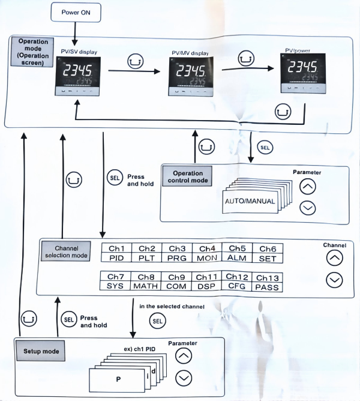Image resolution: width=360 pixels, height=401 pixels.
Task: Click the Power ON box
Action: click(x=75, y=13)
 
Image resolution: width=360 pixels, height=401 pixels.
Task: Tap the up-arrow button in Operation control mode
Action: click(x=307, y=187)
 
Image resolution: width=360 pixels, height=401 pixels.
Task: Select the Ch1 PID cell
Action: click(x=116, y=253)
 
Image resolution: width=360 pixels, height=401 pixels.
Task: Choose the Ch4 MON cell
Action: click(x=206, y=253)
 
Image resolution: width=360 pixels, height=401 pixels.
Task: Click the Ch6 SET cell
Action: click(x=267, y=253)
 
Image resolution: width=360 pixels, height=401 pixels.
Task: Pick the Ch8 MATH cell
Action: click(x=146, y=281)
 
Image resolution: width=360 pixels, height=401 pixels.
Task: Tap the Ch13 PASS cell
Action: click(x=267, y=282)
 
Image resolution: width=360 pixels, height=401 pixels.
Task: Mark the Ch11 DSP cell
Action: click(x=206, y=281)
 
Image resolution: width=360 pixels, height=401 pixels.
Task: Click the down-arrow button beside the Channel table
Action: click(x=334, y=279)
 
